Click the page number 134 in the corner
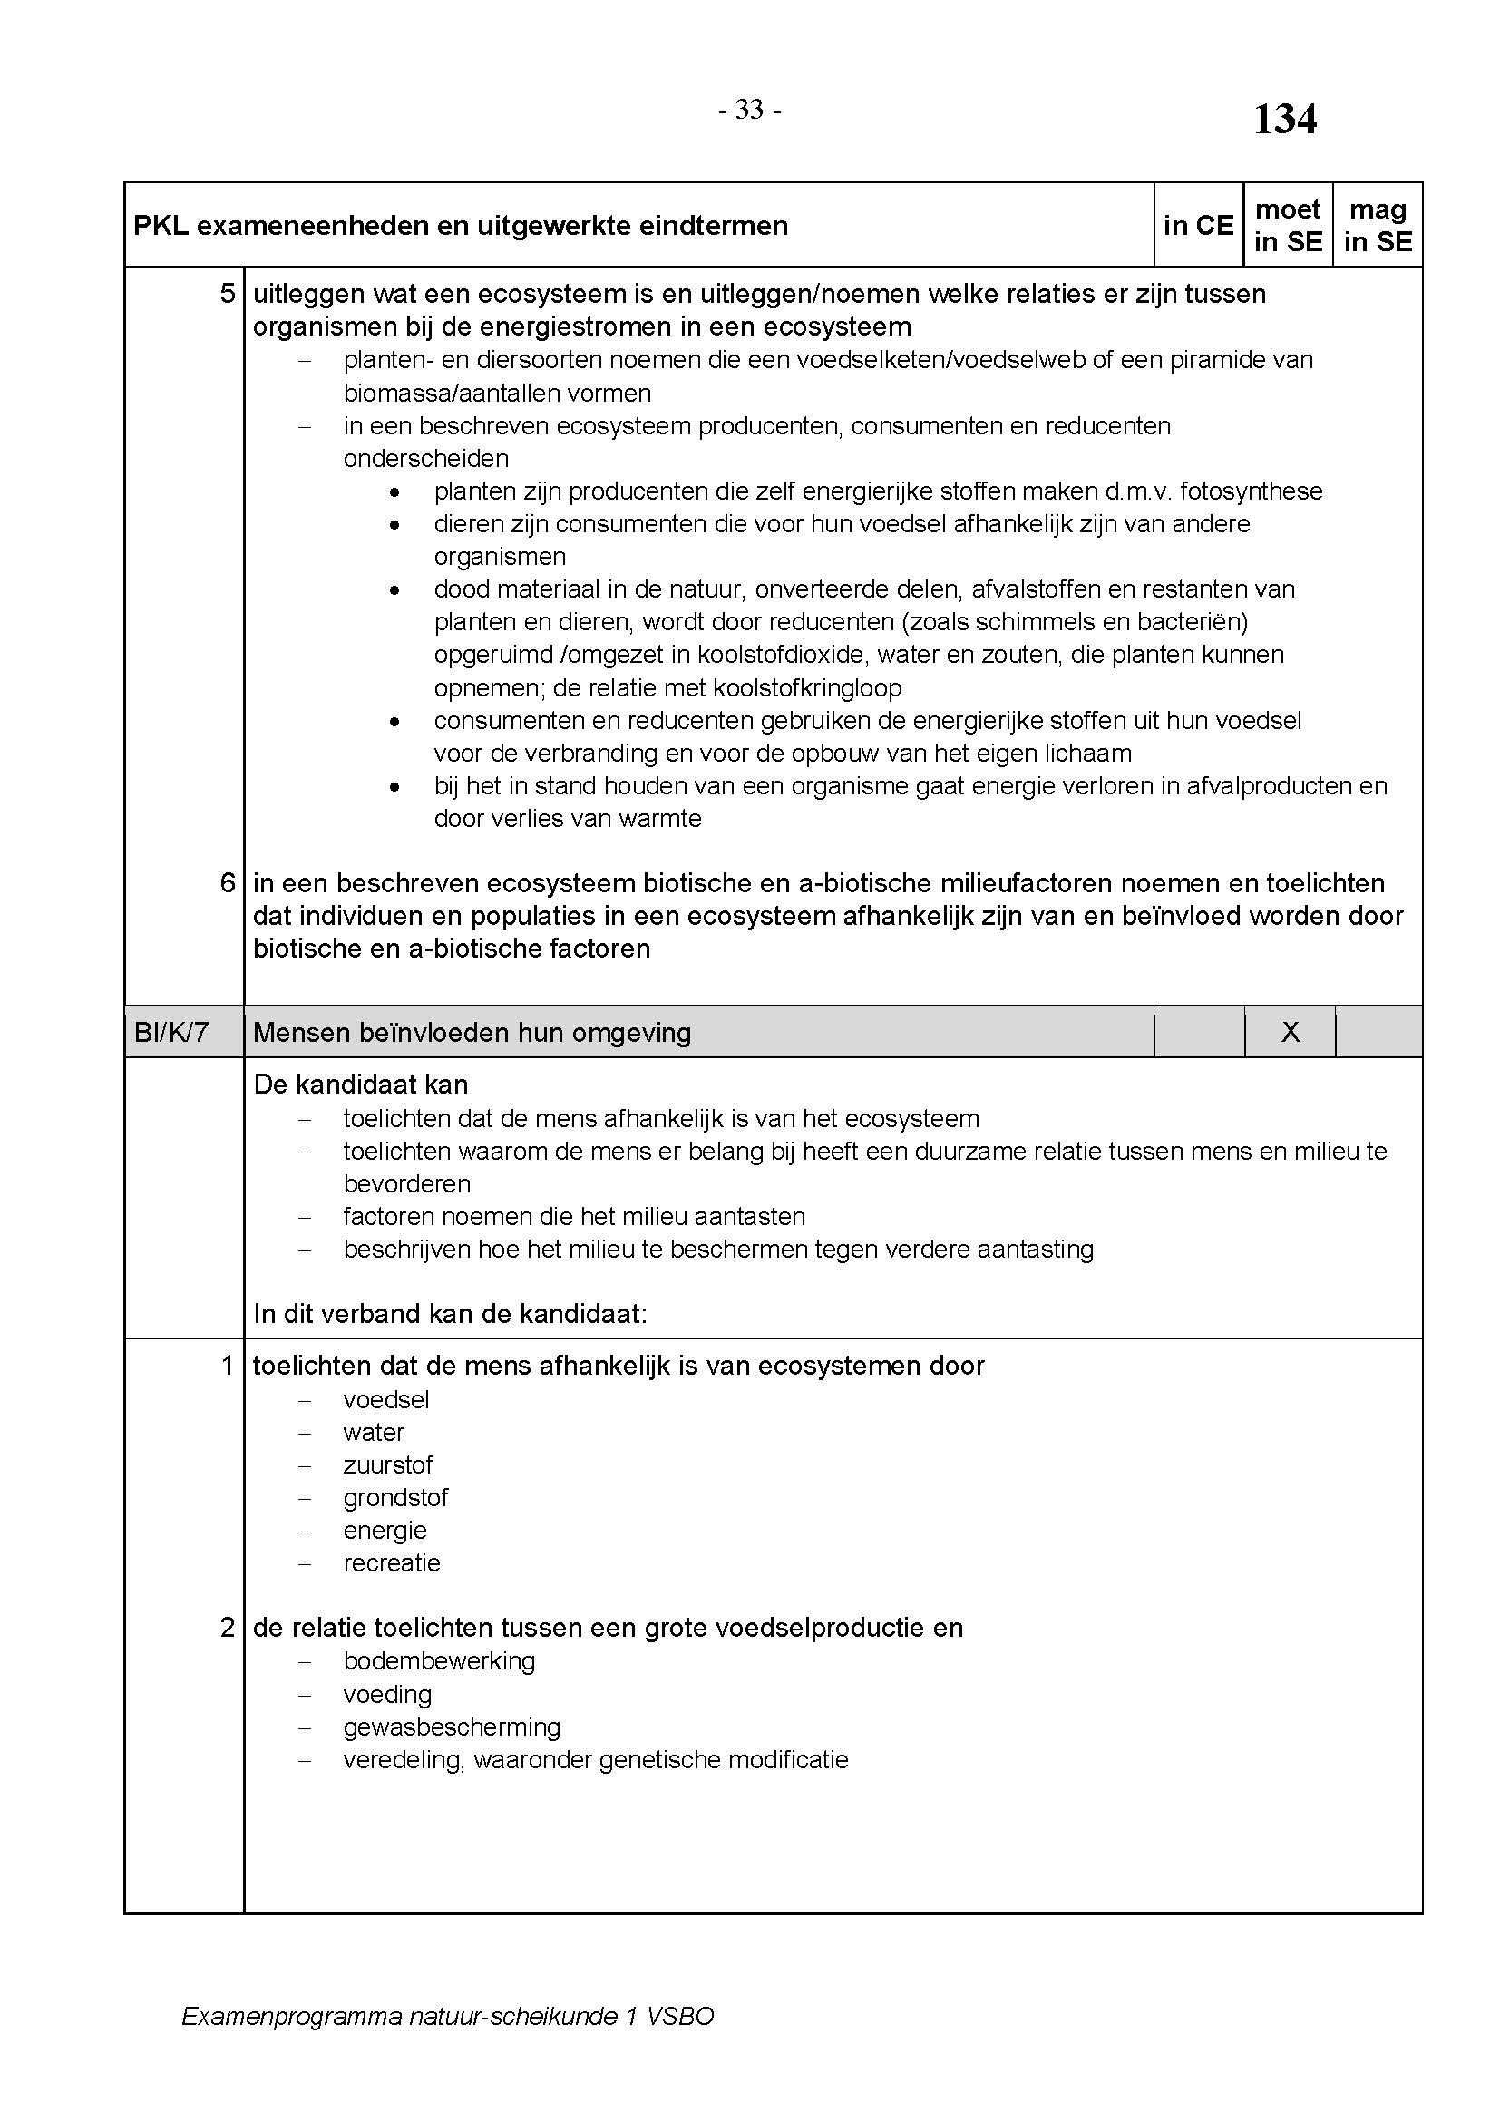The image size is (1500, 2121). pos(1284,119)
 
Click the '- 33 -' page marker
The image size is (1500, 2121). pos(749,110)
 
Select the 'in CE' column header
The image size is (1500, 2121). pos(1198,226)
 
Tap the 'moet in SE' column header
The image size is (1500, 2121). pos(1288,226)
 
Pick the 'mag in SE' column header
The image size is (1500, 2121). pos(1378,226)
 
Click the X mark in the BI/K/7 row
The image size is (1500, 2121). pos(1291,1032)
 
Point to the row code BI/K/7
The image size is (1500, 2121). pos(171,1032)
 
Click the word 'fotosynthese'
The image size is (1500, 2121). pos(1251,491)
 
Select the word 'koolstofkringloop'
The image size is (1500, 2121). pos(808,688)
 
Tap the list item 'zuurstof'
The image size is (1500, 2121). pos(388,1465)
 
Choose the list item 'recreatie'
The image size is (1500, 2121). pos(392,1563)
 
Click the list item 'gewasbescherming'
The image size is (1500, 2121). pos(452,1727)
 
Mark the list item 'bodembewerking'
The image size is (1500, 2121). pos(439,1661)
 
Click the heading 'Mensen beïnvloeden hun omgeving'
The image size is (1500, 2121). pos(472,1033)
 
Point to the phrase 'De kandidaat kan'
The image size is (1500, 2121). pos(360,1085)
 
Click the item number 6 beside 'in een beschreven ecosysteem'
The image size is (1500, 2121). pos(228,883)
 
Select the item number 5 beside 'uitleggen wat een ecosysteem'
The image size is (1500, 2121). pos(228,294)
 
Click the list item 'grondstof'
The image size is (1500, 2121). pos(395,1497)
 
